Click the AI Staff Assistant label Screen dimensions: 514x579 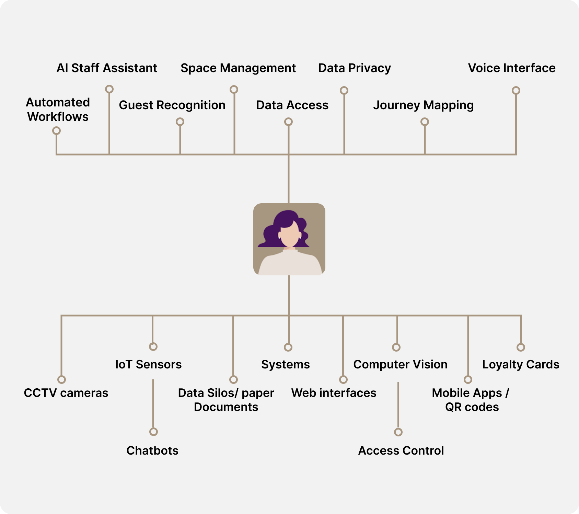[x=107, y=68]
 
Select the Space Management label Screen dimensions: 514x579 [x=238, y=68]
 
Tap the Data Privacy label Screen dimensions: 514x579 [x=354, y=68]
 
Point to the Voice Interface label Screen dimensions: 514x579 [x=511, y=68]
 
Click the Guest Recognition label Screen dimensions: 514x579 [x=172, y=105]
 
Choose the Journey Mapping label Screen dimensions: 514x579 [x=423, y=105]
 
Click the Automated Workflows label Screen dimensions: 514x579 [x=58, y=110]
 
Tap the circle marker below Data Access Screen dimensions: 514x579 [x=288, y=122]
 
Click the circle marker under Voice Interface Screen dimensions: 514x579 [x=516, y=90]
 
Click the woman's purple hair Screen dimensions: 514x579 [x=271, y=233]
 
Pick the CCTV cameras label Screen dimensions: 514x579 [x=66, y=393]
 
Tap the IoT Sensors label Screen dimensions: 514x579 [x=148, y=364]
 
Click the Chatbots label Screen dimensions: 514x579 [x=152, y=450]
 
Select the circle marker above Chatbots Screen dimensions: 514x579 [x=153, y=432]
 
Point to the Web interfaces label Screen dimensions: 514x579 [x=334, y=393]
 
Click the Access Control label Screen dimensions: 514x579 [x=401, y=450]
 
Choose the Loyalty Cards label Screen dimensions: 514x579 [x=521, y=364]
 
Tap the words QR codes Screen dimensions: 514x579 [x=472, y=407]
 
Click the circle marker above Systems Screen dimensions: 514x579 [x=288, y=347]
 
